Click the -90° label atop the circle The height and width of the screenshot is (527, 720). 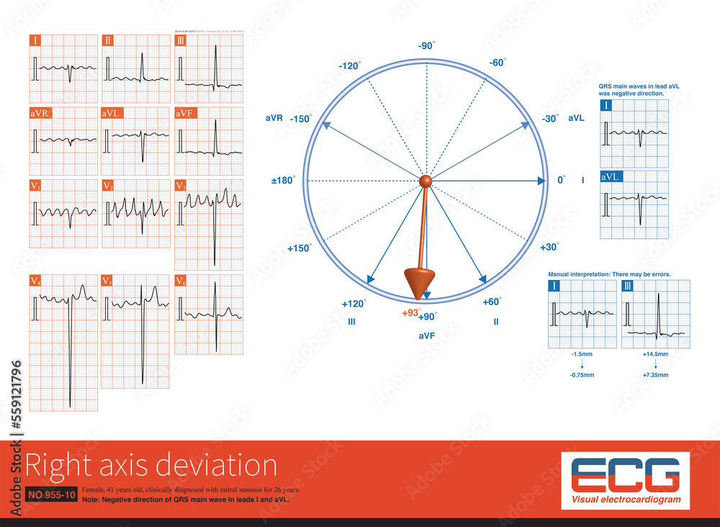coord(426,46)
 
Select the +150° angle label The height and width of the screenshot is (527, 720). coord(300,248)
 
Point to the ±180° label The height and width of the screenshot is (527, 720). coord(283,180)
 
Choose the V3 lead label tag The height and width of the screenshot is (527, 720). coord(181,186)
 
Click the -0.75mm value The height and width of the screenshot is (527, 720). coord(581,375)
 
